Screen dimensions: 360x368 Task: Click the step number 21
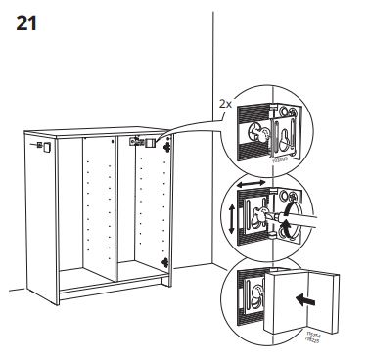click(x=29, y=23)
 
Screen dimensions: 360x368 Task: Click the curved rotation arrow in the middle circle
click(x=285, y=226)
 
